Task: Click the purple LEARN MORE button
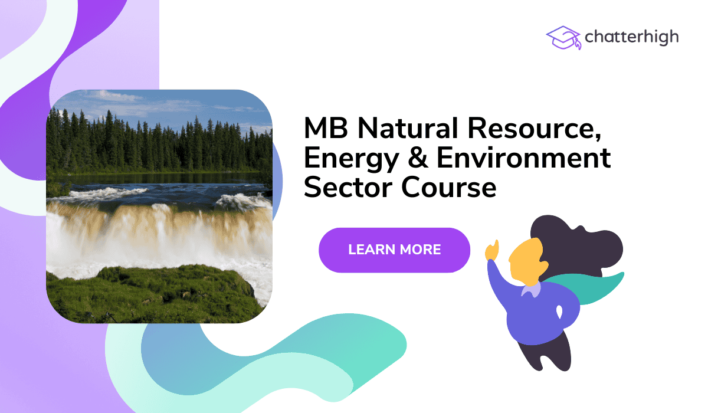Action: pyautogui.click(x=394, y=250)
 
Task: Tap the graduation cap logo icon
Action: pyautogui.click(x=563, y=37)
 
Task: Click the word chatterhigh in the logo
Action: pyautogui.click(x=631, y=37)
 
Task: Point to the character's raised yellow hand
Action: pyautogui.click(x=491, y=250)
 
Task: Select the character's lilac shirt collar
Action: pyautogui.click(x=531, y=289)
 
